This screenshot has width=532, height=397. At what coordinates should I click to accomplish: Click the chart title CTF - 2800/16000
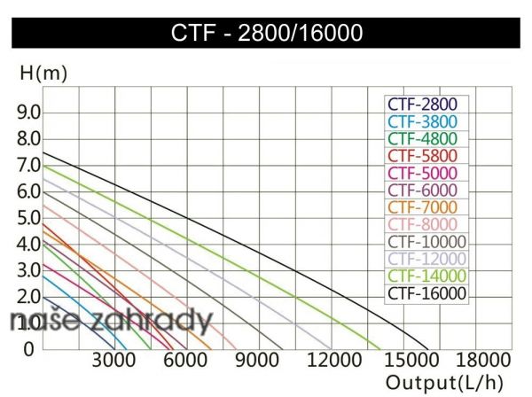tap(267, 34)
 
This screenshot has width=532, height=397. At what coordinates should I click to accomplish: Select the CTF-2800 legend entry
tap(424, 105)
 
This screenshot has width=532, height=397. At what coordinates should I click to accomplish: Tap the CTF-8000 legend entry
tap(424, 224)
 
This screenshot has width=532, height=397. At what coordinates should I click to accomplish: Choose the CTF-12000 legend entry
tap(426, 259)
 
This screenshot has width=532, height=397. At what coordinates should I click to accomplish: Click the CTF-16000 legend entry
tap(426, 293)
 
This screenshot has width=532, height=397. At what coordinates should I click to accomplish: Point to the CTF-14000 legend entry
tap(426, 276)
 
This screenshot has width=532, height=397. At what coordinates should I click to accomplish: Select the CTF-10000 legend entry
tap(426, 242)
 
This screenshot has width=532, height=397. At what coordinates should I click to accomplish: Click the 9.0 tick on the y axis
tap(29, 113)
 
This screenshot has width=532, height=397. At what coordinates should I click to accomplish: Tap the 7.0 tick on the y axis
tap(29, 165)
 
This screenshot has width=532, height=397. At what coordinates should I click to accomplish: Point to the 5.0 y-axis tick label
tap(29, 217)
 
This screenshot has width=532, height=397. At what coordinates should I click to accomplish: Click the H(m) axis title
tap(43, 74)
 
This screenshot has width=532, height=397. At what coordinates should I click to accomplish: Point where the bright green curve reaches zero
tap(379, 348)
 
